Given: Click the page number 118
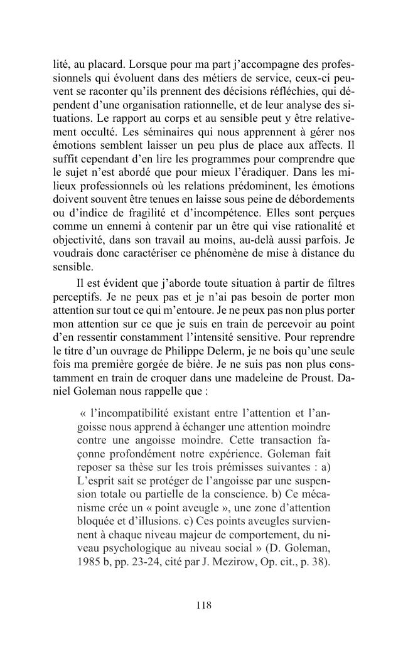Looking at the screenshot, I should click(203, 605).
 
